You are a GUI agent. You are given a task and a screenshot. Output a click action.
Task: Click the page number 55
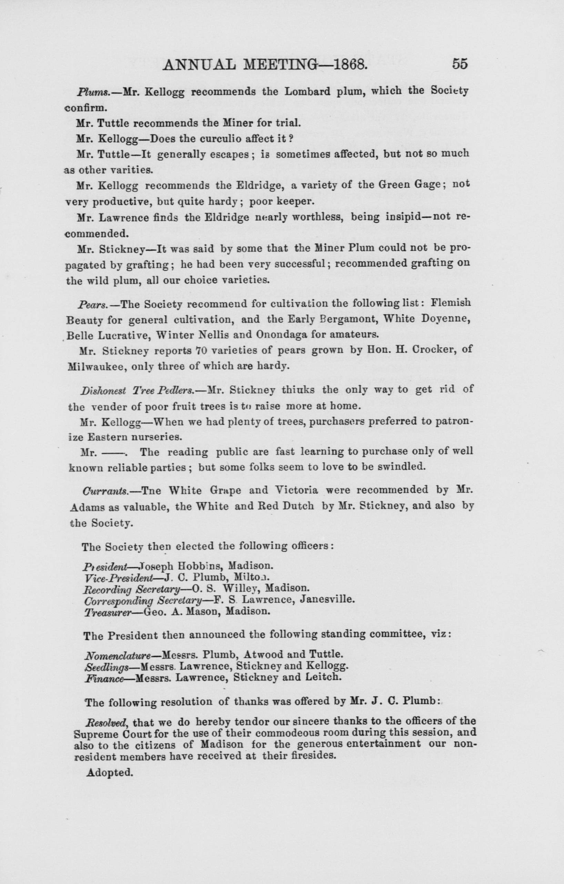[460, 64]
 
